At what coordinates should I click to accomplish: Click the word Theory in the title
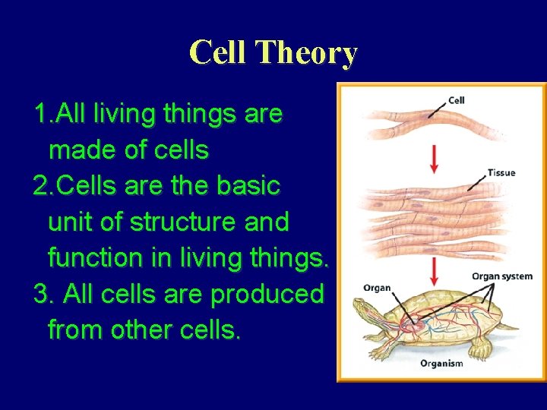[306, 53]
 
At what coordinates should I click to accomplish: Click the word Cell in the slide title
[219, 53]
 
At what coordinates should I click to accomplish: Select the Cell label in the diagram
[457, 100]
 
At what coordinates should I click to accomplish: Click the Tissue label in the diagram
[501, 172]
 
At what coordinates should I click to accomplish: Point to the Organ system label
[501, 276]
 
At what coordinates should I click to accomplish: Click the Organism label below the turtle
[441, 364]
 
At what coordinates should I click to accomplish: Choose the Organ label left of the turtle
[377, 288]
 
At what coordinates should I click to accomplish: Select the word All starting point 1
[69, 115]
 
